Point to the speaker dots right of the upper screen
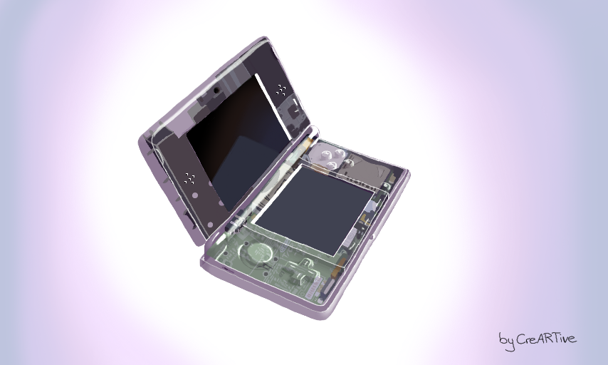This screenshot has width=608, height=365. pos(281,90)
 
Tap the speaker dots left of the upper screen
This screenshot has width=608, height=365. pos(189,179)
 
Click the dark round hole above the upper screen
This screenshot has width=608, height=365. pos(216,91)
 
